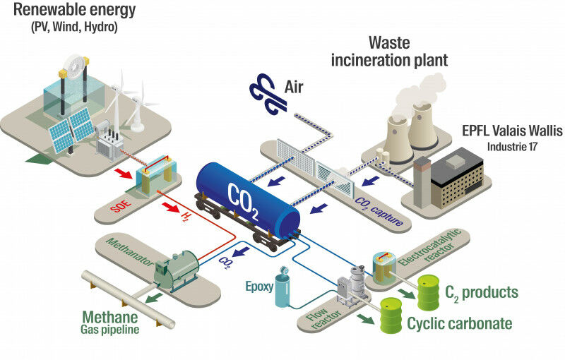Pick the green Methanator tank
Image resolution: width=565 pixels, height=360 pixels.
click(x=176, y=269)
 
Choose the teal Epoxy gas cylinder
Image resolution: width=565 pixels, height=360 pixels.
click(x=282, y=290)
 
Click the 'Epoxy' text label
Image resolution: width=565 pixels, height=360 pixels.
click(x=258, y=287)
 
